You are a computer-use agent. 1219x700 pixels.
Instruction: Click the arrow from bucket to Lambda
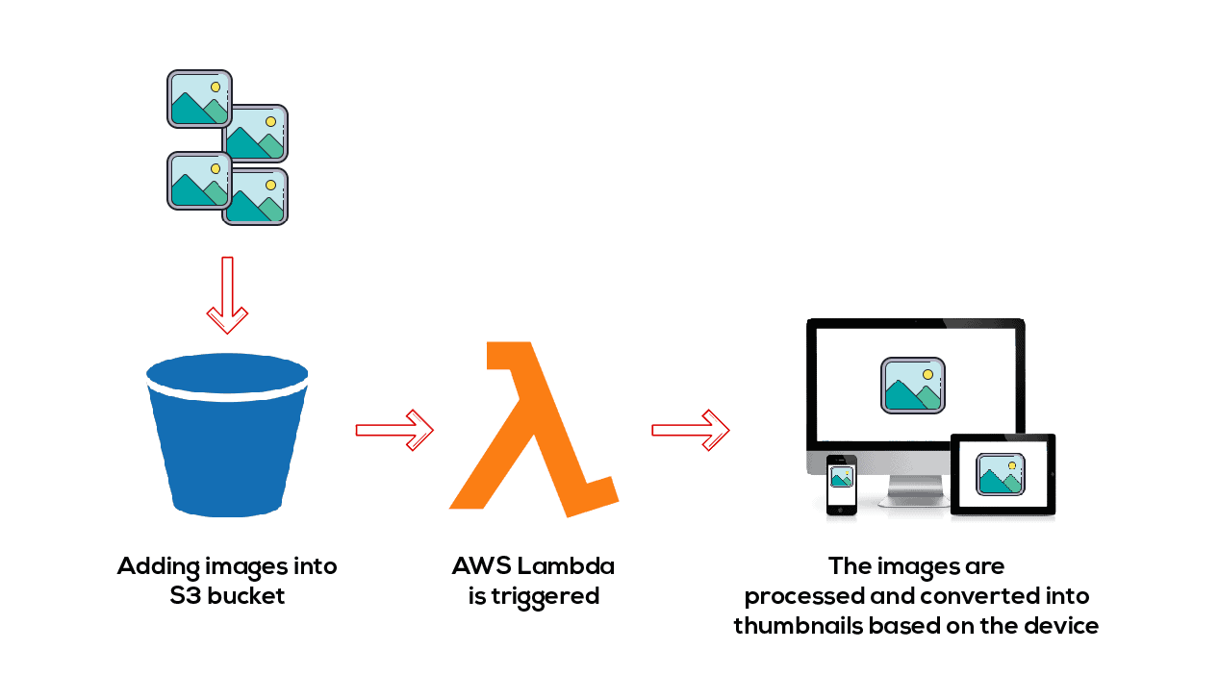pyautogui.click(x=394, y=429)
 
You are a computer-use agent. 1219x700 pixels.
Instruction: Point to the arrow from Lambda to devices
pyautogui.click(x=690, y=429)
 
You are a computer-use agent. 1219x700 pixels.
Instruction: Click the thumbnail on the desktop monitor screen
pyautogui.click(x=912, y=386)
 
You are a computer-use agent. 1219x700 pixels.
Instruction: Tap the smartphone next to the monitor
pyautogui.click(x=841, y=485)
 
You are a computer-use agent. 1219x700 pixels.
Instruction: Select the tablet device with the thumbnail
pyautogui.click(x=1003, y=475)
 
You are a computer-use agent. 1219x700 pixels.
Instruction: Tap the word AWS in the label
pyautogui.click(x=479, y=565)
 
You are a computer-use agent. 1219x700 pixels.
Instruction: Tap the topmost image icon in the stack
pyautogui.click(x=199, y=98)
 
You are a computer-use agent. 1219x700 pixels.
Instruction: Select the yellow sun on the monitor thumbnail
pyautogui.click(x=927, y=373)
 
